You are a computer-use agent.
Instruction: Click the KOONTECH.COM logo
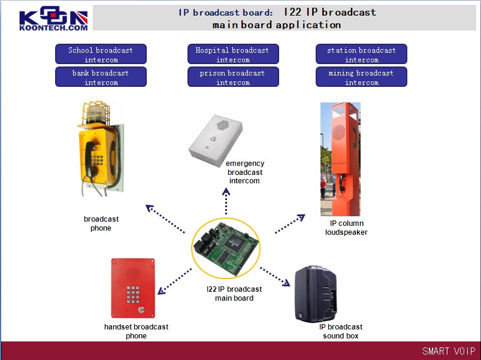53,20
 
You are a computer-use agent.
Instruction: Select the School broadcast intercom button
101,55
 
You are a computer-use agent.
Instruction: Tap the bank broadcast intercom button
101,77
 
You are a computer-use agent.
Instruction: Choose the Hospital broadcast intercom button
232,55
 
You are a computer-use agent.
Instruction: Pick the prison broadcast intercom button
232,77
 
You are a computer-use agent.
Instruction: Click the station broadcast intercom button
361,55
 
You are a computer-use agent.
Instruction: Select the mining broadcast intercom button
361,77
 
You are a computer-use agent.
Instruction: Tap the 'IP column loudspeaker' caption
346,228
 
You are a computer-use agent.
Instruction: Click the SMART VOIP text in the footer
448,351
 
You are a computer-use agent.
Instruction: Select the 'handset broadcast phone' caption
136,331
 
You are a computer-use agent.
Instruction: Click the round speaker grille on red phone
133,273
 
